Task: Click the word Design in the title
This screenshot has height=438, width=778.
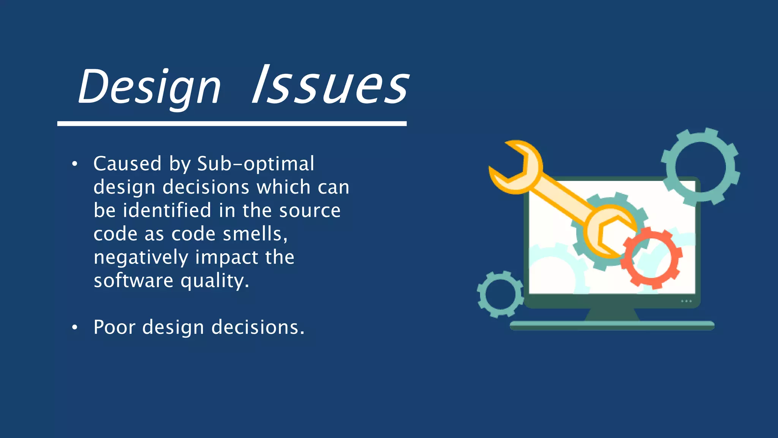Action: point(149,87)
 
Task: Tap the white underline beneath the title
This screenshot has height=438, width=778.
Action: point(232,124)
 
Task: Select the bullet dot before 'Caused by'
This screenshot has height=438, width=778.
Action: point(75,164)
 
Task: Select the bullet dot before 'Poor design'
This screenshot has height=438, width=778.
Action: point(75,327)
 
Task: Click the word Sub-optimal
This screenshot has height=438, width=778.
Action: point(256,164)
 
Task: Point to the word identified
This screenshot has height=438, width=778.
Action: point(167,210)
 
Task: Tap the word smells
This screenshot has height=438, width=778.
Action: point(255,233)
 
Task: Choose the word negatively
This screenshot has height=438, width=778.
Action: point(141,257)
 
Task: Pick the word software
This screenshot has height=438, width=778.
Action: point(133,281)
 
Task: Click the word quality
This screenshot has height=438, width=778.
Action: point(215,281)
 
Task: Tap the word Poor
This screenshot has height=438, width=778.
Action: point(114,327)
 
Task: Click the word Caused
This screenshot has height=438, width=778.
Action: point(127,164)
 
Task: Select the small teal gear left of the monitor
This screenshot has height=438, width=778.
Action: point(500,294)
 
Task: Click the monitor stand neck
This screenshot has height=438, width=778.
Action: point(612,314)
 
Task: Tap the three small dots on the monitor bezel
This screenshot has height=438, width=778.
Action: point(686,301)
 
